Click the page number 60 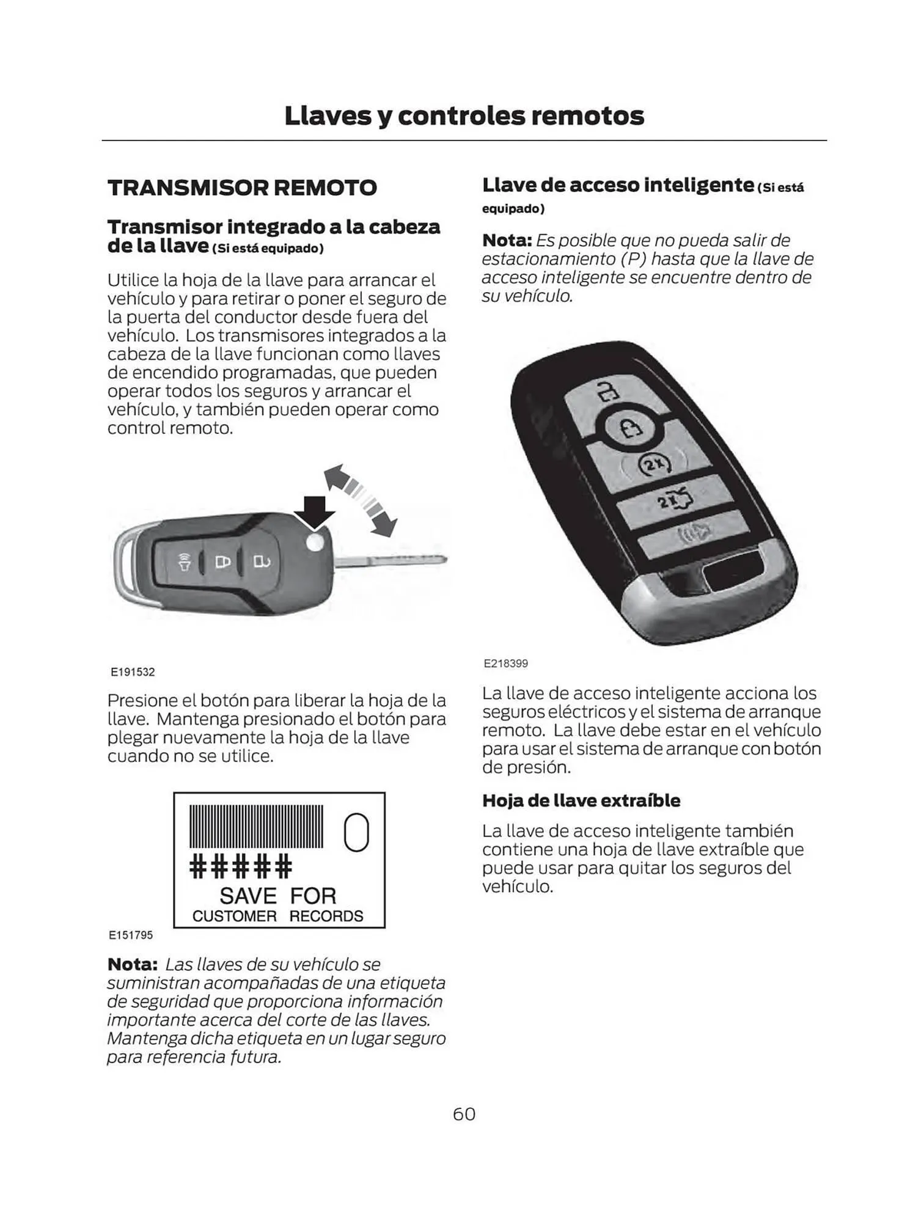coord(464,1114)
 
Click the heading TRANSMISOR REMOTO coord(242,188)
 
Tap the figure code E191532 coord(133,672)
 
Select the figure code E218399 coord(505,664)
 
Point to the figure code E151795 coord(131,935)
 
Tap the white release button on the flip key coord(315,542)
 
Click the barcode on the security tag coord(257,826)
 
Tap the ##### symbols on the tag coord(241,866)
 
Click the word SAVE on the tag coord(248,896)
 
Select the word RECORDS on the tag coord(326,916)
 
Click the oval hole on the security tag coord(356,832)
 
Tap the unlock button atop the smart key coord(606,391)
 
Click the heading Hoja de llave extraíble coord(581,800)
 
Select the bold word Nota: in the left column coord(133,965)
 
